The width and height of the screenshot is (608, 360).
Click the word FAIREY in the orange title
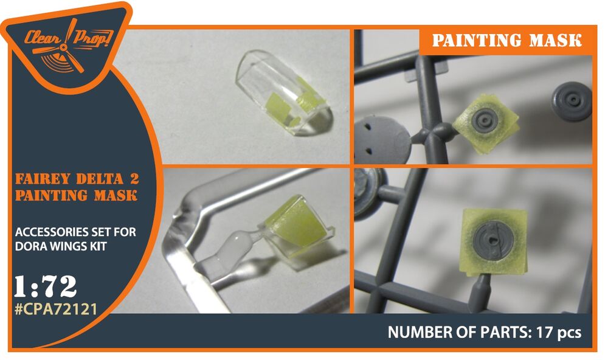click(x=43, y=179)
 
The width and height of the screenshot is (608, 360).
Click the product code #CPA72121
click(x=55, y=309)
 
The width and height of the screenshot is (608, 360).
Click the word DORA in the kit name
click(x=29, y=246)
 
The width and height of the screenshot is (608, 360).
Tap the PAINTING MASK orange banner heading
click(x=507, y=40)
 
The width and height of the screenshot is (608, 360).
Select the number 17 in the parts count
click(x=542, y=332)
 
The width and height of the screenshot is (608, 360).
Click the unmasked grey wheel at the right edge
click(x=572, y=101)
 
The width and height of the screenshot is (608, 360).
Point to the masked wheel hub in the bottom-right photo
click(x=494, y=241)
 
